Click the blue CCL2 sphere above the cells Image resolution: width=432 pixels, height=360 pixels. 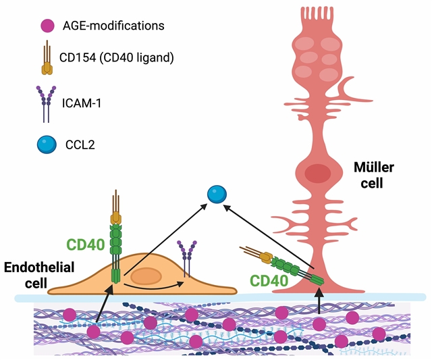pyautogui.click(x=217, y=195)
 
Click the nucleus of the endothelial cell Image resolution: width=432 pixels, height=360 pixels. pyautogui.click(x=146, y=276)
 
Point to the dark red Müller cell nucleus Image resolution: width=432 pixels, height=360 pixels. pyautogui.click(x=317, y=173)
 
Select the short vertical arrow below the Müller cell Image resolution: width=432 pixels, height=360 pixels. pyautogui.click(x=319, y=302)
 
